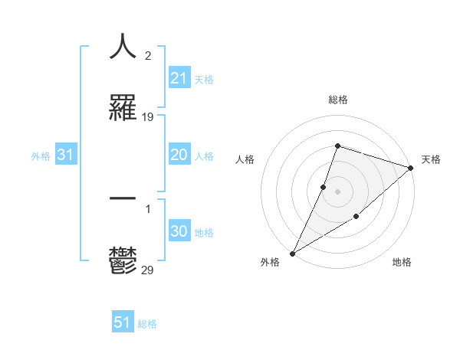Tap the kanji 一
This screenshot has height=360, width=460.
[x=123, y=198]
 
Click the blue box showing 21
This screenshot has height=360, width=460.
[x=179, y=77]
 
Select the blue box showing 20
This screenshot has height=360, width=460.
[x=179, y=155]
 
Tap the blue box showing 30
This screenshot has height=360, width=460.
[x=179, y=231]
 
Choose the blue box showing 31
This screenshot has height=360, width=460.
[x=66, y=155]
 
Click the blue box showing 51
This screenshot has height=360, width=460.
[x=123, y=322]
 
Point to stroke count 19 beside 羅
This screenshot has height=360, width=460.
[x=148, y=117]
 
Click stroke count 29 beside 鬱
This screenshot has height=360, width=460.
[x=148, y=270]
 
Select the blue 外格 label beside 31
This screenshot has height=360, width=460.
[x=41, y=155]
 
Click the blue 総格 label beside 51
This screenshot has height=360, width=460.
[x=147, y=323]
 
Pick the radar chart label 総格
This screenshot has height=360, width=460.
[x=337, y=100]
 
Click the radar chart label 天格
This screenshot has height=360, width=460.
[x=431, y=159]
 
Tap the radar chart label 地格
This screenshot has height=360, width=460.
[x=402, y=263]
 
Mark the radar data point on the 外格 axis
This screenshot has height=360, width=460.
[x=292, y=254]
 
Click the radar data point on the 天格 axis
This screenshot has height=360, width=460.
[x=411, y=168]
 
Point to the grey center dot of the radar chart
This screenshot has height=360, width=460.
[x=337, y=191]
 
